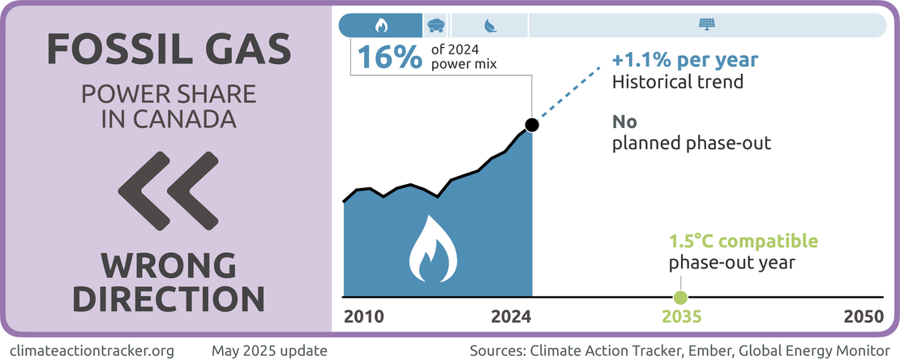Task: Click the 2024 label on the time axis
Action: pos(511,316)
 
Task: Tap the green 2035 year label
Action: pos(680,316)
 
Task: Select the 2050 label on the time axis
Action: pos(863,316)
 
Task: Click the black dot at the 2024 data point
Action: pos(531,125)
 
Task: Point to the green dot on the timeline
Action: pos(680,297)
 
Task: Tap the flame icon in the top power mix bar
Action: pos(380,26)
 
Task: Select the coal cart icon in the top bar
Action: pos(435,25)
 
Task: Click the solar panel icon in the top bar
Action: pos(706,25)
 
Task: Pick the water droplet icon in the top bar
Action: pos(490,26)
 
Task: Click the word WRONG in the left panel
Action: pos(169,265)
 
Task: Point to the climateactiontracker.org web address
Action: pos(95,351)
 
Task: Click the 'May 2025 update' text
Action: pos(269,351)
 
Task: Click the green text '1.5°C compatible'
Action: pos(743,242)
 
